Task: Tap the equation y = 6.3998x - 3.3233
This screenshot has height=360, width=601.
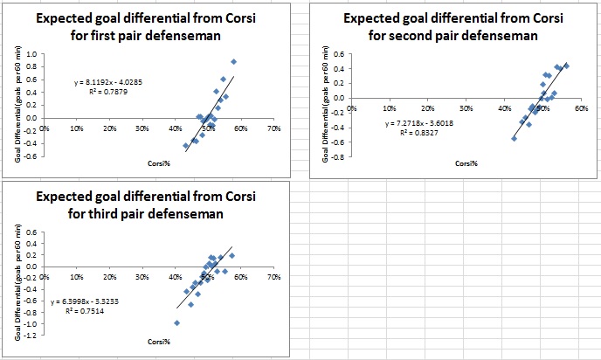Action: click(86, 301)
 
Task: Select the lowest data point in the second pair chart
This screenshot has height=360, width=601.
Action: click(515, 138)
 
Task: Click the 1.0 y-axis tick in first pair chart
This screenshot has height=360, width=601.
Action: click(32, 54)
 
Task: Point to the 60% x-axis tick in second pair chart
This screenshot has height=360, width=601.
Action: click(580, 109)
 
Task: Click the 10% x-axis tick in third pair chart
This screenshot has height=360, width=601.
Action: click(77, 276)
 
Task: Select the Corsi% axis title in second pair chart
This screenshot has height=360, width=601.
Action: click(466, 163)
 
